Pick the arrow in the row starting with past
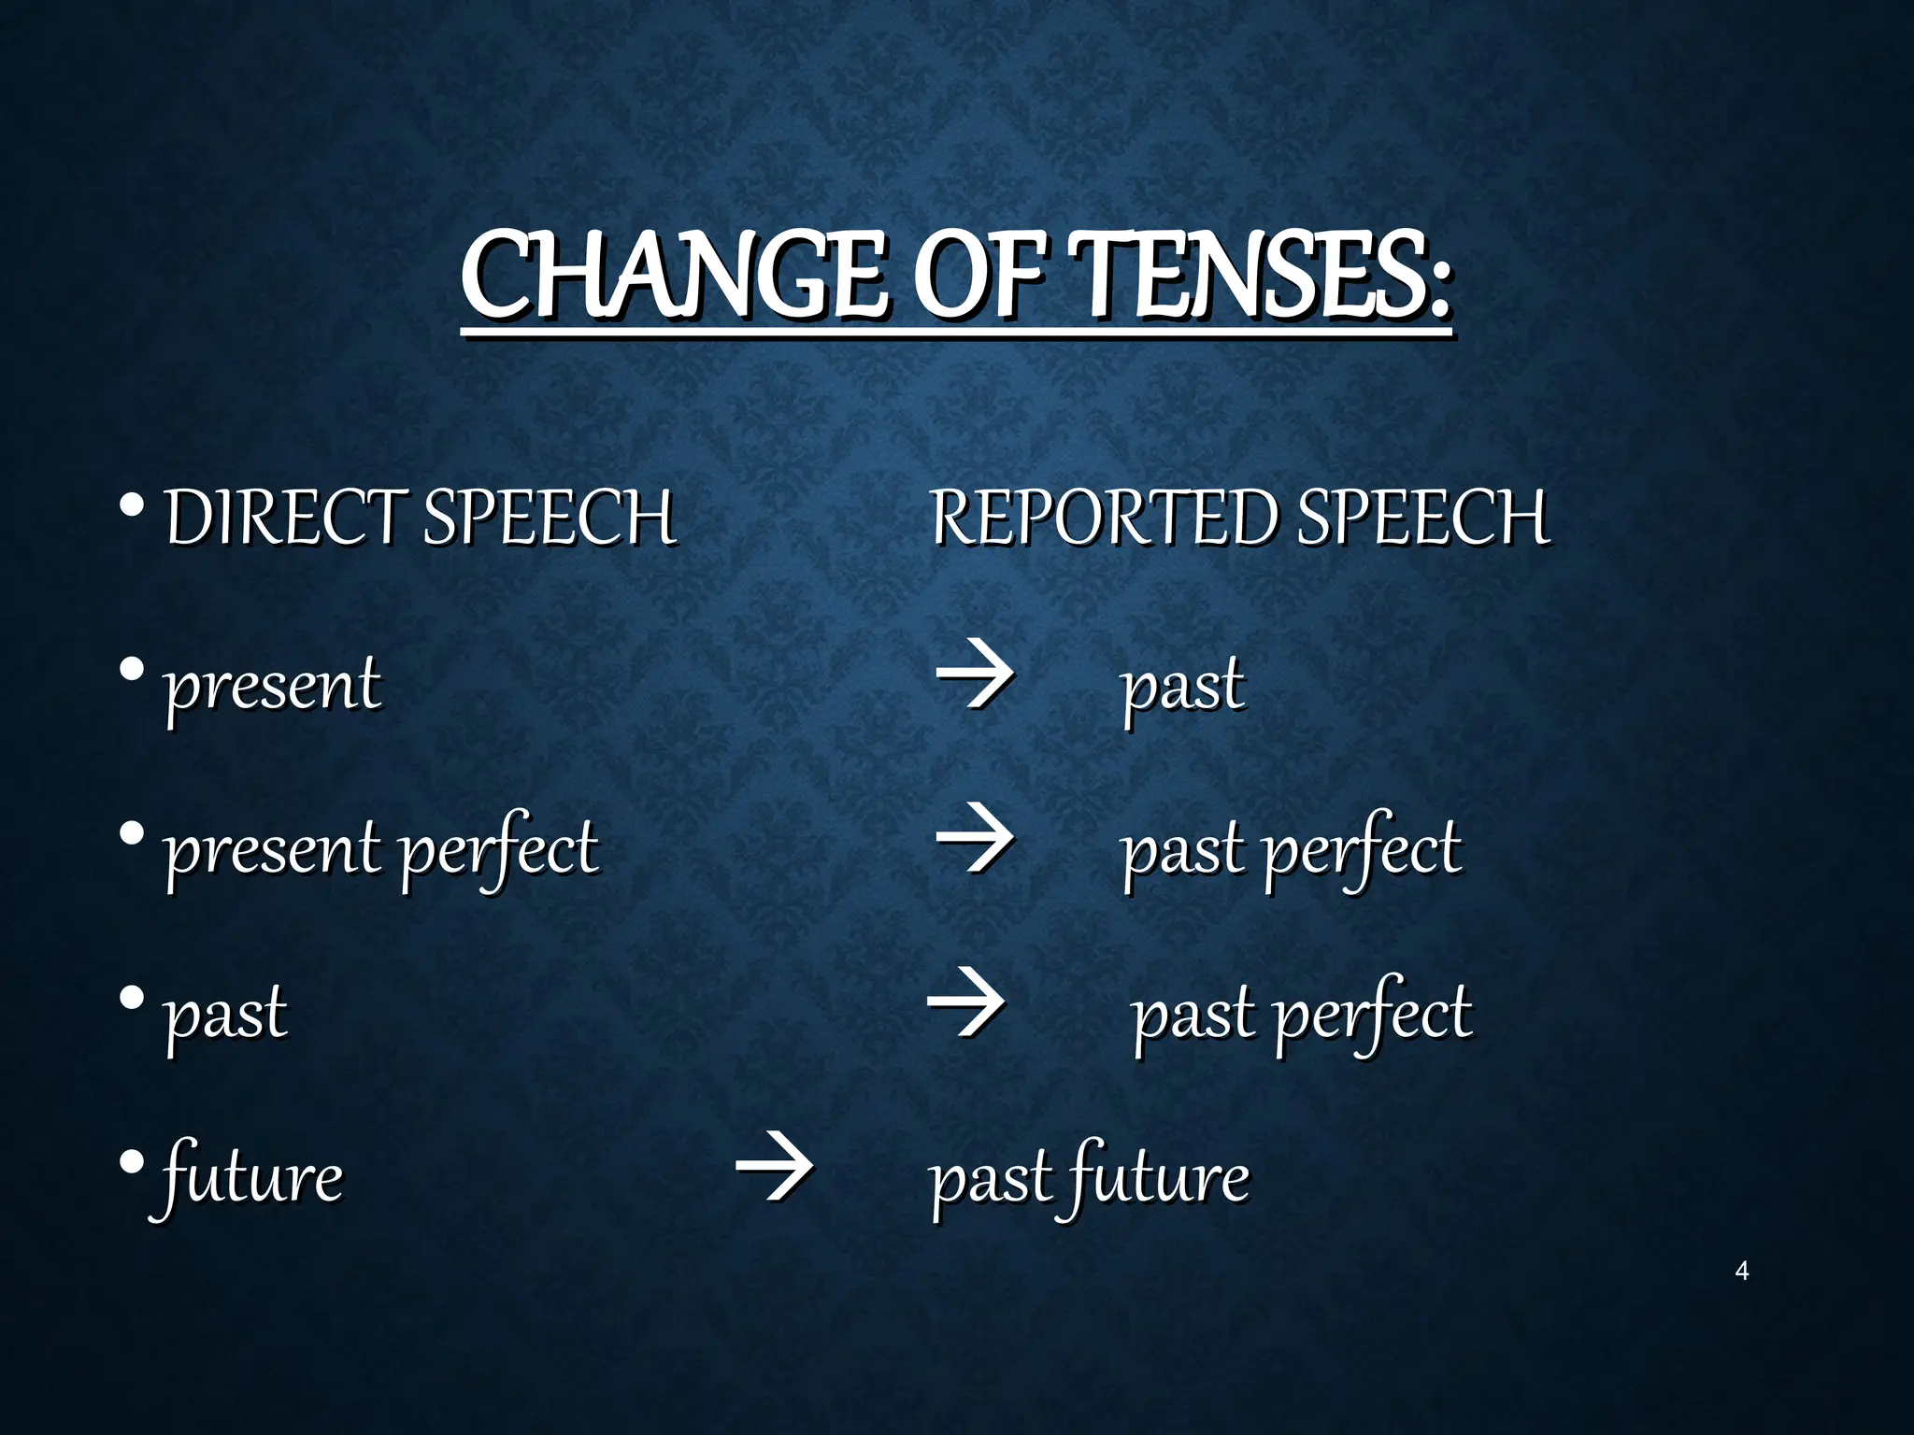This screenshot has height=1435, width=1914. (x=966, y=1002)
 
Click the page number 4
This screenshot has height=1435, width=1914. (x=1741, y=1271)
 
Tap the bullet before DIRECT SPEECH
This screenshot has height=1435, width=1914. (x=132, y=505)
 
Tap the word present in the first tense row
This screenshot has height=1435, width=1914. (x=272, y=686)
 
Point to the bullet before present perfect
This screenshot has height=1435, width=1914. (x=132, y=832)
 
